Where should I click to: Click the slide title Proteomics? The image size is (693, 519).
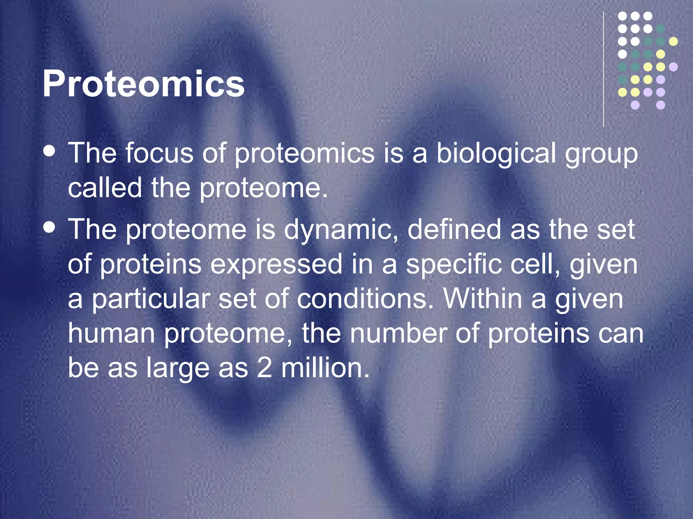tap(143, 84)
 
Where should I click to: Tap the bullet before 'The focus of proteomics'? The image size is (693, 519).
tap(50, 151)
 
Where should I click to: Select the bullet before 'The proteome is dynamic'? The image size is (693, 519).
tap(50, 227)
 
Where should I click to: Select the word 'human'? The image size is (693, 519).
tap(112, 334)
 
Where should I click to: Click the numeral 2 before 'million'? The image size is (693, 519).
tap(264, 368)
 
